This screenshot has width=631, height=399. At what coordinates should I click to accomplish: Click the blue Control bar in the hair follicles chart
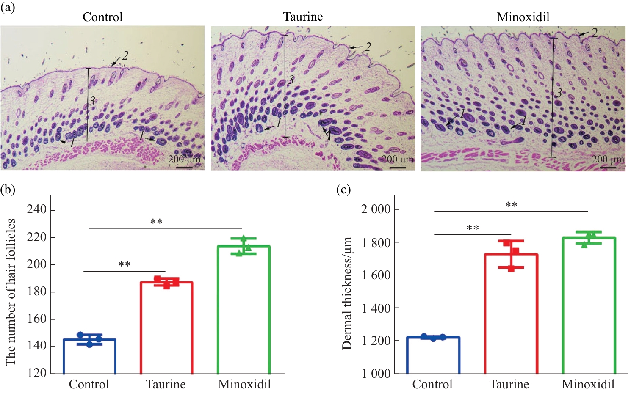pos(89,356)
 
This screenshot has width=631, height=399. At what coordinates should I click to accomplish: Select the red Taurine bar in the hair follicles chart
pos(166,328)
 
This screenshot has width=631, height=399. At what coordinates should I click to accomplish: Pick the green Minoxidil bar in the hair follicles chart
pos(244,310)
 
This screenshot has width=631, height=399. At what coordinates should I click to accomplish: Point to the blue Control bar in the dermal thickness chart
pos(433,355)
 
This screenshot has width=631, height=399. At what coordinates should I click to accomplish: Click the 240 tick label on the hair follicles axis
pos(36,209)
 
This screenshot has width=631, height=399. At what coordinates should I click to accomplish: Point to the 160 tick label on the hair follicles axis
pos(36,319)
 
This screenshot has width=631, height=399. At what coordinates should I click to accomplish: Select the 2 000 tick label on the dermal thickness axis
pos(376,209)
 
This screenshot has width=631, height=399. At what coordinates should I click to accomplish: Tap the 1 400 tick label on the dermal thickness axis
pos(376,308)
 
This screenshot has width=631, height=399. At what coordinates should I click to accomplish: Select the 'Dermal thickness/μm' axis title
pos(347,293)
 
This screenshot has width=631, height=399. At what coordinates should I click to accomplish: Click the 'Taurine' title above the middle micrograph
pos(303,17)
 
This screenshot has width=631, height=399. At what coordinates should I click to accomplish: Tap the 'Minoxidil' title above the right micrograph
pos(523,17)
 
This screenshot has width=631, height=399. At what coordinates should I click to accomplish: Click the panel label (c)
pos(343,189)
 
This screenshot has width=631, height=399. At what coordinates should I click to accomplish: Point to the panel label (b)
pos(8,189)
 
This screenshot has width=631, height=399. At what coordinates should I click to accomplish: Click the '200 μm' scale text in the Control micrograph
pos(184,159)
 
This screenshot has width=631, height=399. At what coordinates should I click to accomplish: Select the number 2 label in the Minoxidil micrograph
pos(595,33)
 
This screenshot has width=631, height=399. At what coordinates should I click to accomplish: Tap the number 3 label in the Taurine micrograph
pos(291,80)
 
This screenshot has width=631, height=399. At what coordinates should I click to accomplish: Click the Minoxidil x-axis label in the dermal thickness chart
pos(588,384)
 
